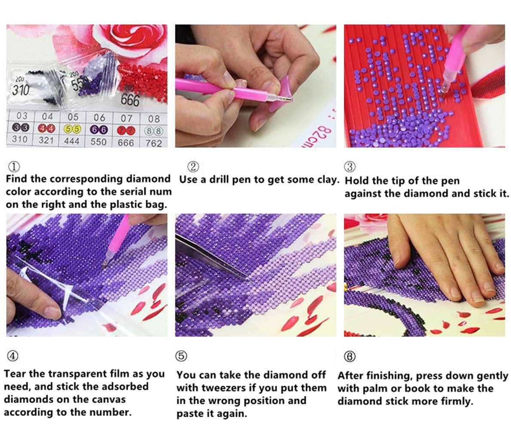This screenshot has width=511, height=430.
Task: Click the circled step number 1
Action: [14, 167]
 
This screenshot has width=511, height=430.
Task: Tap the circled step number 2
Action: [193, 167]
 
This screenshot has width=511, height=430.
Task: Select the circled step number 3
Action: [350, 167]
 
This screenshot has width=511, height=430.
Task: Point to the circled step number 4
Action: [12, 356]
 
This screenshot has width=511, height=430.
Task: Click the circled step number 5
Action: [181, 356]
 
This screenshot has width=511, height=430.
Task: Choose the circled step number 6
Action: [350, 356]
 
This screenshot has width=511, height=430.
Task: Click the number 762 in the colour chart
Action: [154, 143]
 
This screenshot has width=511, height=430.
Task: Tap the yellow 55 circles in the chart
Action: [72, 129]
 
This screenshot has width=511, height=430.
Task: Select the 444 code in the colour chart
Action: [72, 141]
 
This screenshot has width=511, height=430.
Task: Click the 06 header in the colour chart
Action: [99, 117]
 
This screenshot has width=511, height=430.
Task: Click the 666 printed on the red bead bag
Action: [130, 100]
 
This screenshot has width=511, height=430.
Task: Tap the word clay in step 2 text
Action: [327, 180]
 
